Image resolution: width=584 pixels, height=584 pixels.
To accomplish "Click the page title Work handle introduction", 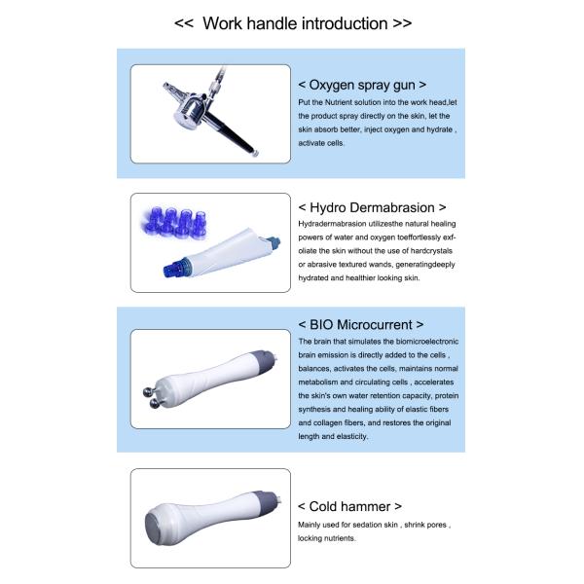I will pos(292,22).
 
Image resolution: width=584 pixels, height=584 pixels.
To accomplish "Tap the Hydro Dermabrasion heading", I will pos(373,207).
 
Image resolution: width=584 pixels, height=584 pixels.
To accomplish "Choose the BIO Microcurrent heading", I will pos(361,323).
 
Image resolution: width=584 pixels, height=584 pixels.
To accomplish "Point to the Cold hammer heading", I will pos(350,506).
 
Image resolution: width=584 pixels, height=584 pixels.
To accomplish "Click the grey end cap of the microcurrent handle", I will pos(263,362).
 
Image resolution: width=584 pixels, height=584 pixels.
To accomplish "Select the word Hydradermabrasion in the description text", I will pos(333,223).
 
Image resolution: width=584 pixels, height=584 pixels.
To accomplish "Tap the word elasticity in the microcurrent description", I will pos(352,437).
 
